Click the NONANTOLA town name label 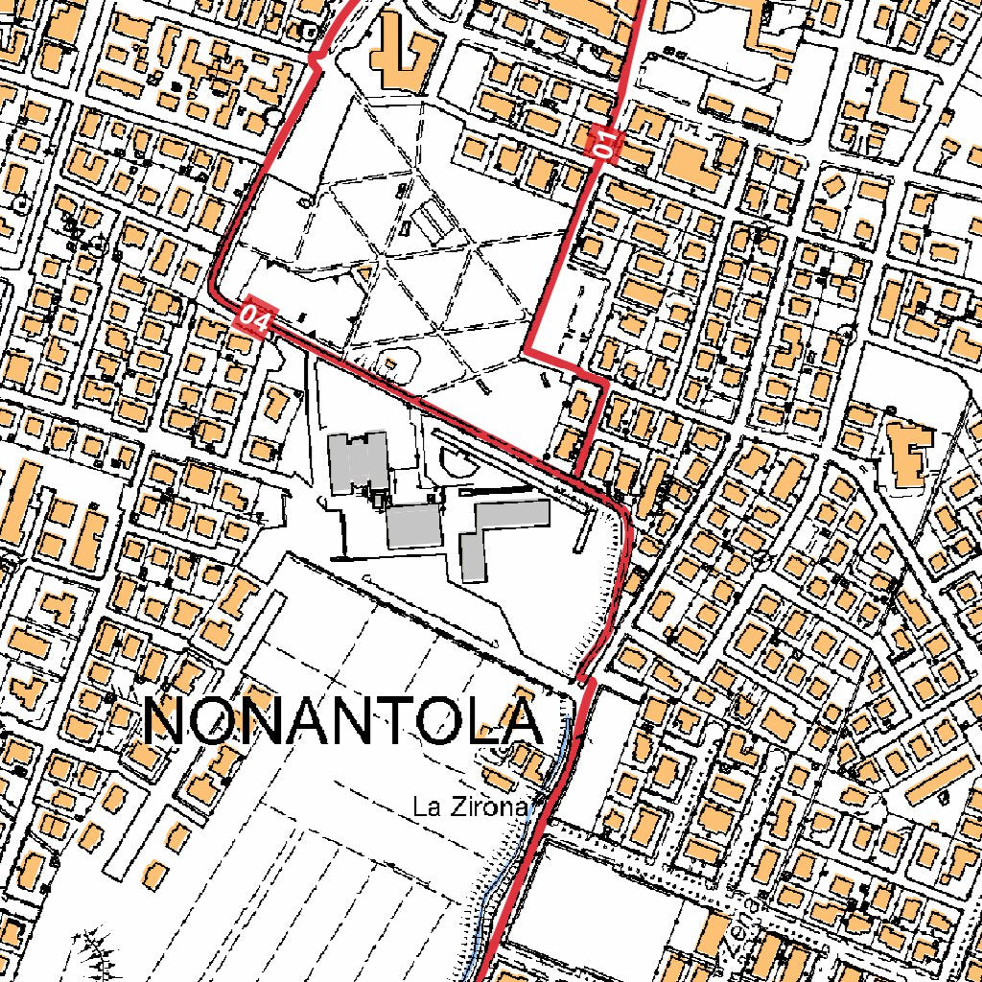tap(343, 721)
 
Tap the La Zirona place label tap(470, 807)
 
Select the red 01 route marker tap(605, 144)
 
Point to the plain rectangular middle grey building tap(413, 526)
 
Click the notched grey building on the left tap(358, 462)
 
